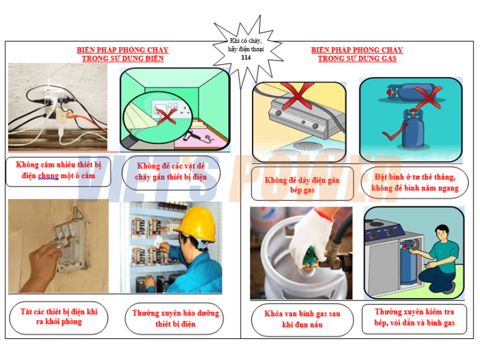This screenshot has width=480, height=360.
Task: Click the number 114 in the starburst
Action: click(246, 57)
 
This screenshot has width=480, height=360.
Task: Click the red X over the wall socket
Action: click(167, 116)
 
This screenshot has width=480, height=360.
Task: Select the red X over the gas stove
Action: click(297, 95)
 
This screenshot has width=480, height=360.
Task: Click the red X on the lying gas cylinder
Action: click(428, 97)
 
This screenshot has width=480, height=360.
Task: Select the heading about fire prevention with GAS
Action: click(357, 54)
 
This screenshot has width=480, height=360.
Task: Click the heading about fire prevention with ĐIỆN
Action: click(122, 54)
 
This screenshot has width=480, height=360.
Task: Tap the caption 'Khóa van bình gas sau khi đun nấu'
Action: click(302, 319)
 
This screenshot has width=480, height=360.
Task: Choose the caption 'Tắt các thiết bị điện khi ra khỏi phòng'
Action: click(59, 317)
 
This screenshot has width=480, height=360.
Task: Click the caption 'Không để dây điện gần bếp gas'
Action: click(302, 185)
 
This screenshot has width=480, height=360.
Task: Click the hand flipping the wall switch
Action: click(40, 267)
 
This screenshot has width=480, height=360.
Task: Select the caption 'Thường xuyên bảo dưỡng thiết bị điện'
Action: click(175, 319)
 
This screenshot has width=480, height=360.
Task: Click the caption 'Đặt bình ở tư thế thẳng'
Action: click(415, 177)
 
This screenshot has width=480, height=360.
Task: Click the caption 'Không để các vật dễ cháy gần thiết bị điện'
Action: click(171, 172)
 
